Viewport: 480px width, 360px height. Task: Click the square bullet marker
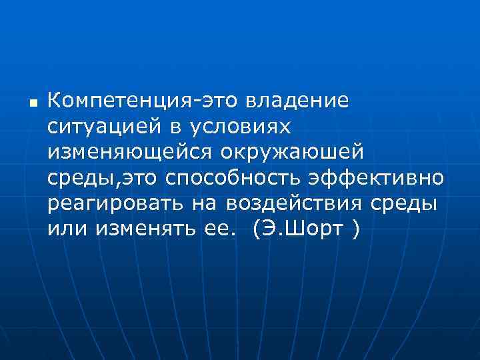[32, 104]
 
